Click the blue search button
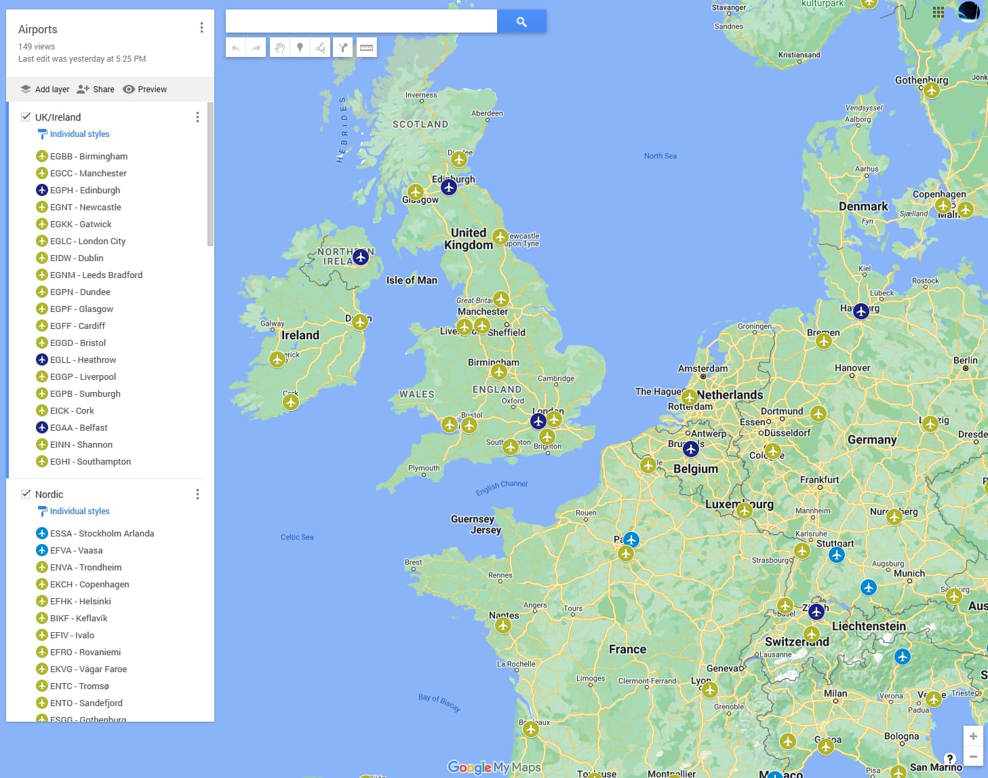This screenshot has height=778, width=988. (x=521, y=22)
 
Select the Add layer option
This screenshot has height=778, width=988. (x=45, y=90)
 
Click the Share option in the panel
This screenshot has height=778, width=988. (x=96, y=90)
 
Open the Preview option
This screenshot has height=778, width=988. (x=144, y=90)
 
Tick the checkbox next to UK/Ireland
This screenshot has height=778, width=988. (x=26, y=117)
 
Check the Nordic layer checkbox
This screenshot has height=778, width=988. (x=26, y=494)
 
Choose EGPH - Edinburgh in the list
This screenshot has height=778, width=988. (x=85, y=190)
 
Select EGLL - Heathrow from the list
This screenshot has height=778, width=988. (x=83, y=359)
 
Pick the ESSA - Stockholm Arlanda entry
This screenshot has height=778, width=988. (x=102, y=533)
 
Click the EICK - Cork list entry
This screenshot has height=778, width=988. (x=72, y=410)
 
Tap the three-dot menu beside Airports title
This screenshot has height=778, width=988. (x=201, y=28)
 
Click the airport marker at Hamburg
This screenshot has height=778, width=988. (x=861, y=311)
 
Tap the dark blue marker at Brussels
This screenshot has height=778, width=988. (x=691, y=448)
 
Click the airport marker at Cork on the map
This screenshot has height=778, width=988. (x=291, y=402)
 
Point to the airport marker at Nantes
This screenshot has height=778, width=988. (x=503, y=625)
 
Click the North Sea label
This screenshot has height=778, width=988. (x=660, y=156)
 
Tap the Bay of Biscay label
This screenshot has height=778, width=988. (x=439, y=702)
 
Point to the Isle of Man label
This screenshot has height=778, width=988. (x=412, y=280)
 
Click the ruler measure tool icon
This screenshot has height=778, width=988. (x=366, y=47)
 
